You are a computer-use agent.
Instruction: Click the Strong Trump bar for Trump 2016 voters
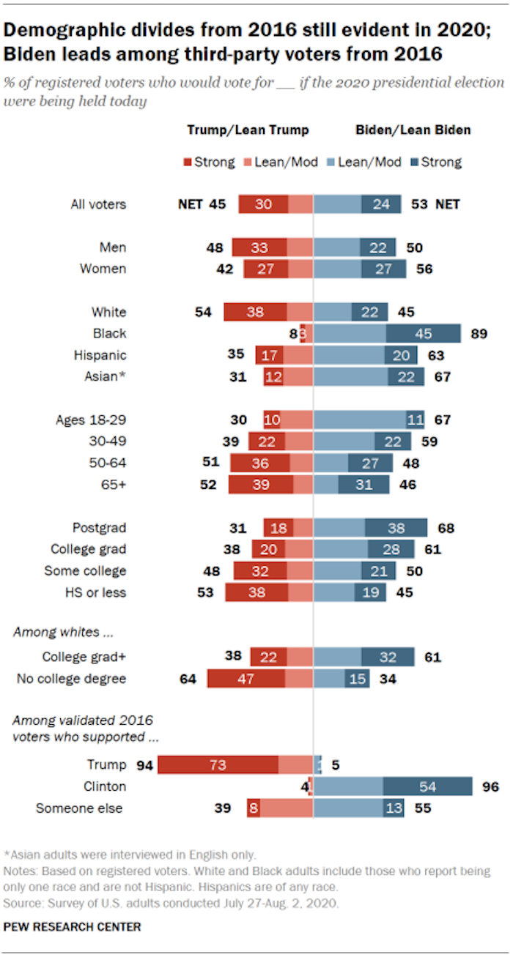point(218,765)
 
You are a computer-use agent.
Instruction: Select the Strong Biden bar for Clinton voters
point(427,787)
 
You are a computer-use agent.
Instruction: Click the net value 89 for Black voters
point(480,334)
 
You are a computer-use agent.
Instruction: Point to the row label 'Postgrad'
point(99,528)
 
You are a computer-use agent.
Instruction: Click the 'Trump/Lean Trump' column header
point(248,130)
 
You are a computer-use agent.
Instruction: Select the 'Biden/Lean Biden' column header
point(413,130)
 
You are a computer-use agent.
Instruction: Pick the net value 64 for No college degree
point(189,679)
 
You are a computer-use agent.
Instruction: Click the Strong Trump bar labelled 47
point(246,679)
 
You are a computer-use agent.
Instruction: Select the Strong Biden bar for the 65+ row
point(363,485)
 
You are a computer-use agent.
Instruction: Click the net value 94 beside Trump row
point(144,765)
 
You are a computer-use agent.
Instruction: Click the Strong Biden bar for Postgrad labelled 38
point(396,528)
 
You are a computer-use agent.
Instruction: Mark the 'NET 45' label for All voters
point(202,204)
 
